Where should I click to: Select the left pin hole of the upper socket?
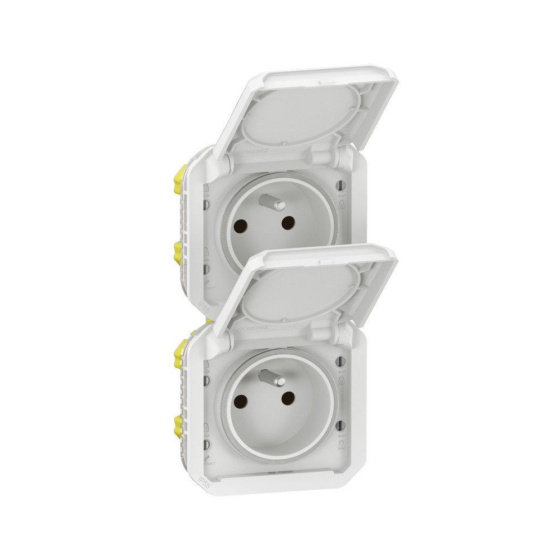[242, 226]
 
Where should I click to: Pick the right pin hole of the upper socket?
[287, 223]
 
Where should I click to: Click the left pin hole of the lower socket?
[242, 401]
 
